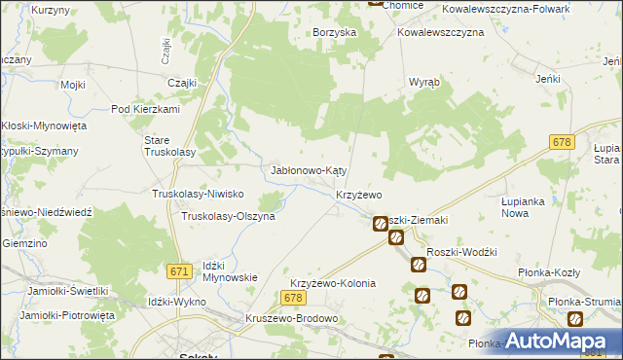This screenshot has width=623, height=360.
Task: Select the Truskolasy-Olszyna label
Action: click(229, 216)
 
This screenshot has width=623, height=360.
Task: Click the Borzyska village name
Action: click(334, 32)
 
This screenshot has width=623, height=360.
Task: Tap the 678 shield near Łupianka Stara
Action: click(559, 142)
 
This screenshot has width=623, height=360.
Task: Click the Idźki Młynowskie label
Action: click(230, 270)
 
